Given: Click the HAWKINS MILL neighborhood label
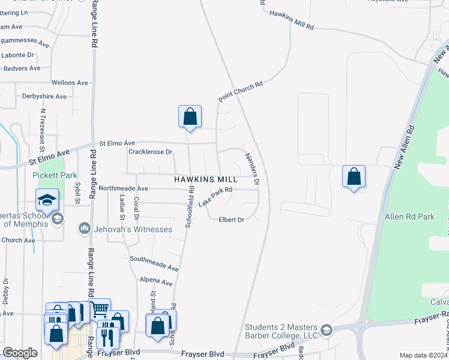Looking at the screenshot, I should click(x=207, y=179).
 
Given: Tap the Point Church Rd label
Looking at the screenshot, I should click(x=241, y=93).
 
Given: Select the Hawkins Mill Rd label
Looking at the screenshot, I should click(x=292, y=20).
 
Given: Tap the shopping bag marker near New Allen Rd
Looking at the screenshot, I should click(x=354, y=177).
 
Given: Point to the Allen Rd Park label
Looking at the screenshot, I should click(x=410, y=217).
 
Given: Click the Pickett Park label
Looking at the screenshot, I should click(x=55, y=175).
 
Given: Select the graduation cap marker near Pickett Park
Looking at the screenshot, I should click(x=47, y=200).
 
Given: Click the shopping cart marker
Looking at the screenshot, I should click(x=100, y=309).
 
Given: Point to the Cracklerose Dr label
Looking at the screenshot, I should click(x=150, y=152).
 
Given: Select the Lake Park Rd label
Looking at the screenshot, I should click(x=215, y=197).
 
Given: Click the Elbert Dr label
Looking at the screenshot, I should click(x=231, y=220).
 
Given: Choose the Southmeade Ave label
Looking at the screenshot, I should click(x=154, y=263).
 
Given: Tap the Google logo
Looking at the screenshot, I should click(x=20, y=353).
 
